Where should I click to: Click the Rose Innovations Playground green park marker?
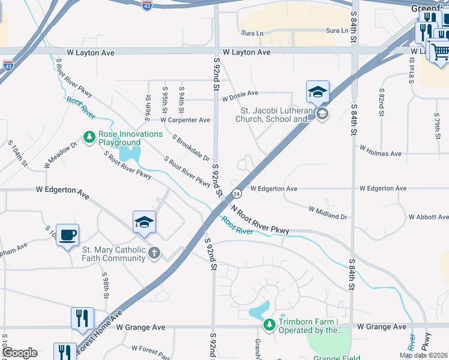pyautogui.click(x=89, y=138)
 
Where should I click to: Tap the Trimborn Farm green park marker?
pyautogui.click(x=270, y=325)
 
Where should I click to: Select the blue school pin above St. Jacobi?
pyautogui.click(x=318, y=92)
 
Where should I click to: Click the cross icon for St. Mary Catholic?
pyautogui.click(x=154, y=253)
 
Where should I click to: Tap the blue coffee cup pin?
pyautogui.click(x=67, y=235)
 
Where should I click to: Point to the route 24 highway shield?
pyautogui.click(x=237, y=194)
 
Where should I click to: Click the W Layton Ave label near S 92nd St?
pyautogui.click(x=246, y=52)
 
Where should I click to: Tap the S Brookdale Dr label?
pyautogui.click(x=191, y=148)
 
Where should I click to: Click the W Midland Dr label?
pyautogui.click(x=328, y=212)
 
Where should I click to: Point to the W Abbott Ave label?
pyautogui.click(x=428, y=217)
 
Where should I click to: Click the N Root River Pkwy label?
pyautogui.click(x=260, y=218)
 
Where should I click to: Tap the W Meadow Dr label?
pyautogui.click(x=61, y=155)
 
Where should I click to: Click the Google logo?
pyautogui.click(x=20, y=353)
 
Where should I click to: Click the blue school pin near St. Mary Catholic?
pyautogui.click(x=144, y=223)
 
